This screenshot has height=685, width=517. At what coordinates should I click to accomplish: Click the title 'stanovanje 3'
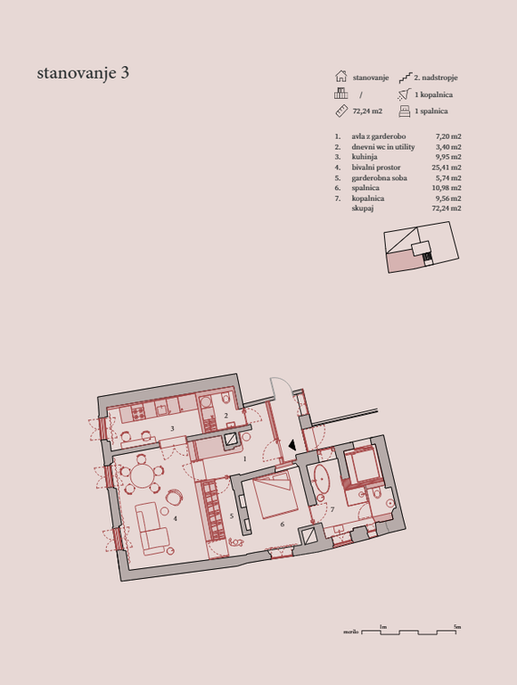83,73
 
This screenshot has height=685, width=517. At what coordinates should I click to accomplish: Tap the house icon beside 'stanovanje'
341,77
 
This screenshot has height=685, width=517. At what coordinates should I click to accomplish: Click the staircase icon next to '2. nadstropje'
405,78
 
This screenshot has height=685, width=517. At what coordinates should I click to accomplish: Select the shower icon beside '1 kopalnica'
405,95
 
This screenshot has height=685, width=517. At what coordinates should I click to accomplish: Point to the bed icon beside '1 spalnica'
405,111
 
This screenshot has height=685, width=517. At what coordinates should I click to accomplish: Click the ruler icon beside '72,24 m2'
341,111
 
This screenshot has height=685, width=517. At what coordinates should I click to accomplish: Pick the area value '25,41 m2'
447,168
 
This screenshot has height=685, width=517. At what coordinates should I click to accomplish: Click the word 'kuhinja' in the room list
365,157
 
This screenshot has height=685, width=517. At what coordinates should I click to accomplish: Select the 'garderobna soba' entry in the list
379,177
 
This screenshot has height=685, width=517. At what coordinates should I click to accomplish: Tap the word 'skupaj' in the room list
363,209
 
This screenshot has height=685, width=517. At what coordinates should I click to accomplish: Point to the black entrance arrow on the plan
292,445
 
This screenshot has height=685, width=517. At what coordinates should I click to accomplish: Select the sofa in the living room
151,529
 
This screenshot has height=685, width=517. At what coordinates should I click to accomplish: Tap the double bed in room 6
276,495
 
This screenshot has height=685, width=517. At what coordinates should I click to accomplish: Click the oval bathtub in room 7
323,478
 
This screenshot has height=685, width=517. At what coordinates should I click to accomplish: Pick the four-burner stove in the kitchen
138,413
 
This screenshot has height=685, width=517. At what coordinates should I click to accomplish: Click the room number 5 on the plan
232,516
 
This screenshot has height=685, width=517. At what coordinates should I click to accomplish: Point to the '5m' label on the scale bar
456,626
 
